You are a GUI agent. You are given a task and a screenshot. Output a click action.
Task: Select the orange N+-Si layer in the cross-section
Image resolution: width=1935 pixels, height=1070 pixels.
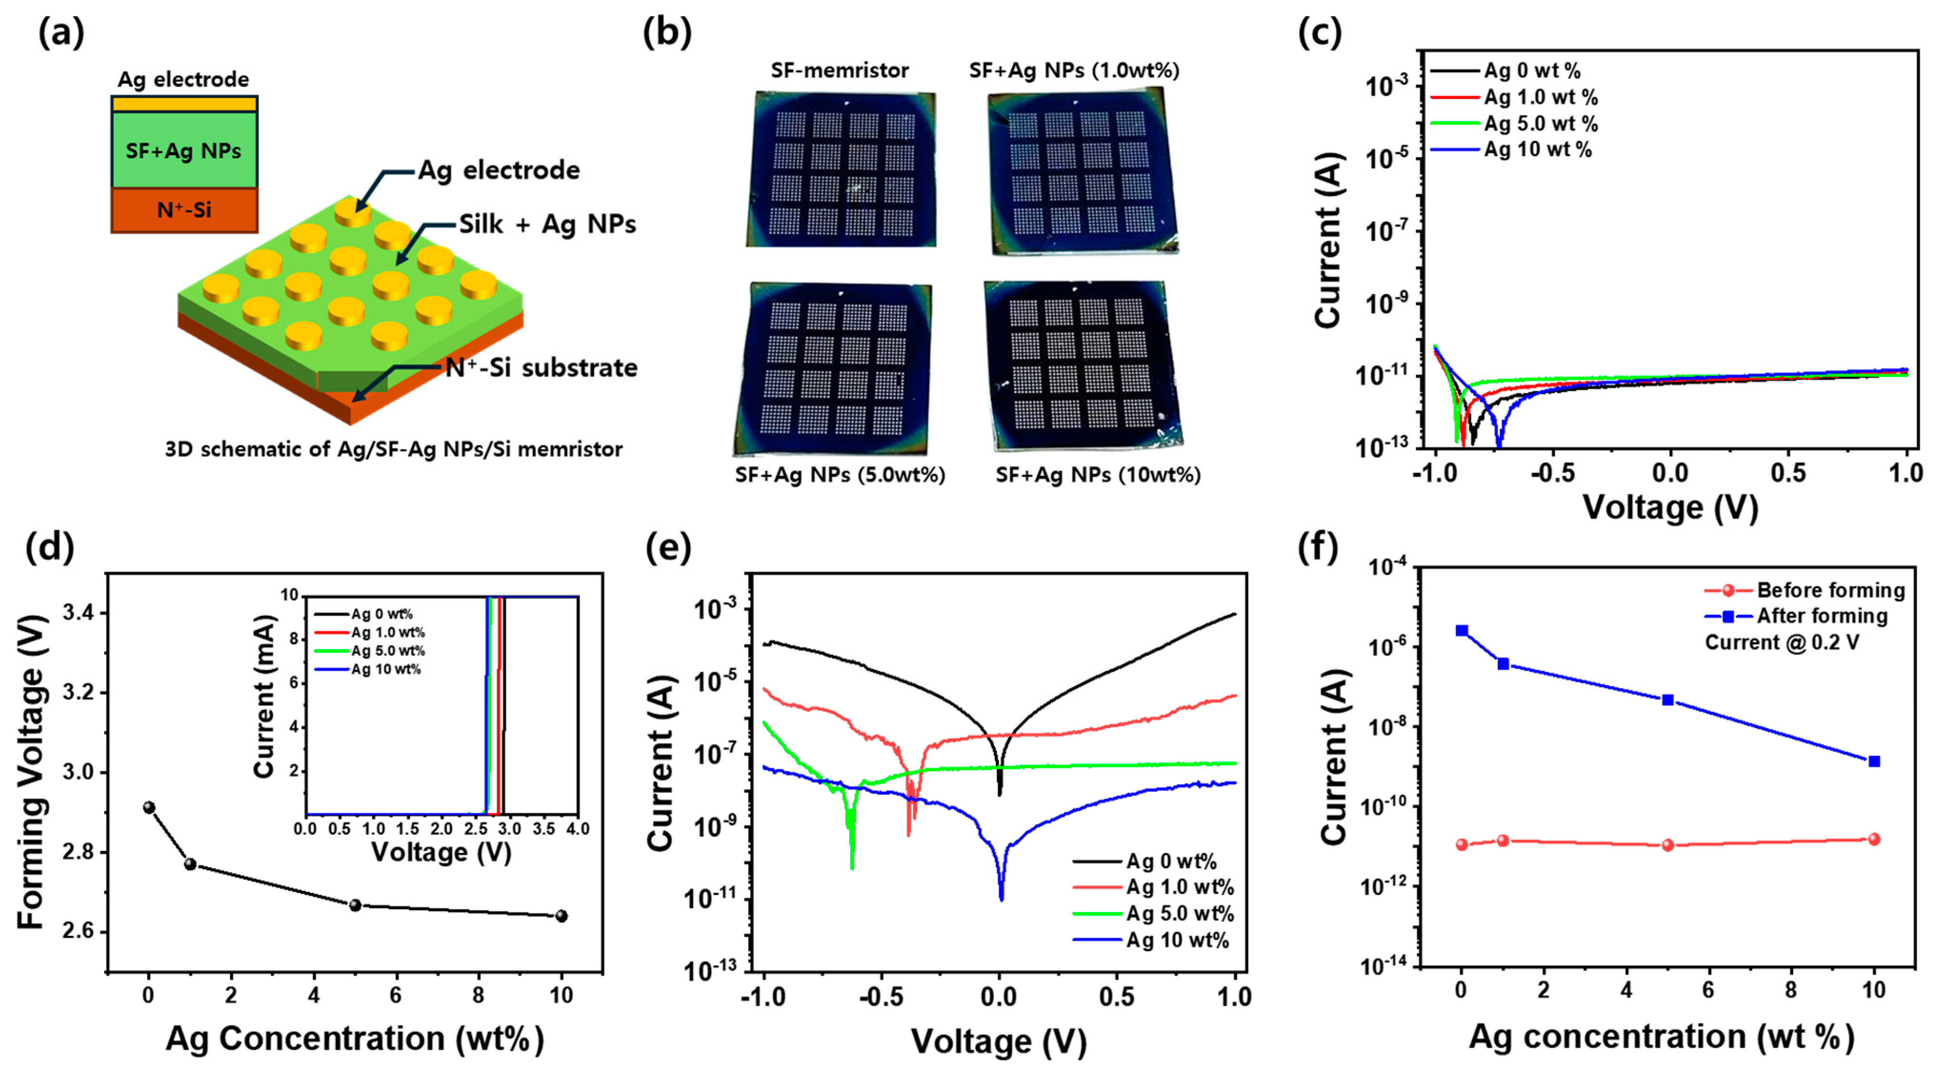(x=184, y=209)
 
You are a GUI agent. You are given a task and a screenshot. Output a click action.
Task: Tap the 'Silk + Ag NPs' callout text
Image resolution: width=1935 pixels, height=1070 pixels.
(x=547, y=224)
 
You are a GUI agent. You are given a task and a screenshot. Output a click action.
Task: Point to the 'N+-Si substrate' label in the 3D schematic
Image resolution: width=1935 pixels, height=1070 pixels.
(x=541, y=367)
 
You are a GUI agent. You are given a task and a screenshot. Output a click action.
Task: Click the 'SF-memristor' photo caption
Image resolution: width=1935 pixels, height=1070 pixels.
(x=839, y=70)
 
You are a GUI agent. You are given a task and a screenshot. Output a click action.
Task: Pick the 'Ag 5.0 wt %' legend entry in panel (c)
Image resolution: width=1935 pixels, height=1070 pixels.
(x=1540, y=123)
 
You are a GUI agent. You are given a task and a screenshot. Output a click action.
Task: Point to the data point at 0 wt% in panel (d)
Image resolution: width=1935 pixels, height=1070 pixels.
(x=149, y=807)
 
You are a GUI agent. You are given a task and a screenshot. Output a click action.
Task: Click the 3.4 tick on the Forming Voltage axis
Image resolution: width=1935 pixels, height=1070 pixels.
(x=79, y=614)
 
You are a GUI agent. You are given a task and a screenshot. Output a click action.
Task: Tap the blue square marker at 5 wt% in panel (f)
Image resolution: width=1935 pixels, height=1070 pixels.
(x=1667, y=700)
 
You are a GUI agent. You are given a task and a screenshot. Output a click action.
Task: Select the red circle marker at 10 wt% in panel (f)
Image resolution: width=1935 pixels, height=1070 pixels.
(x=1874, y=839)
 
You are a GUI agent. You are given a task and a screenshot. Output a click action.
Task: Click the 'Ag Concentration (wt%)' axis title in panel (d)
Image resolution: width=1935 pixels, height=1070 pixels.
(x=354, y=1039)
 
